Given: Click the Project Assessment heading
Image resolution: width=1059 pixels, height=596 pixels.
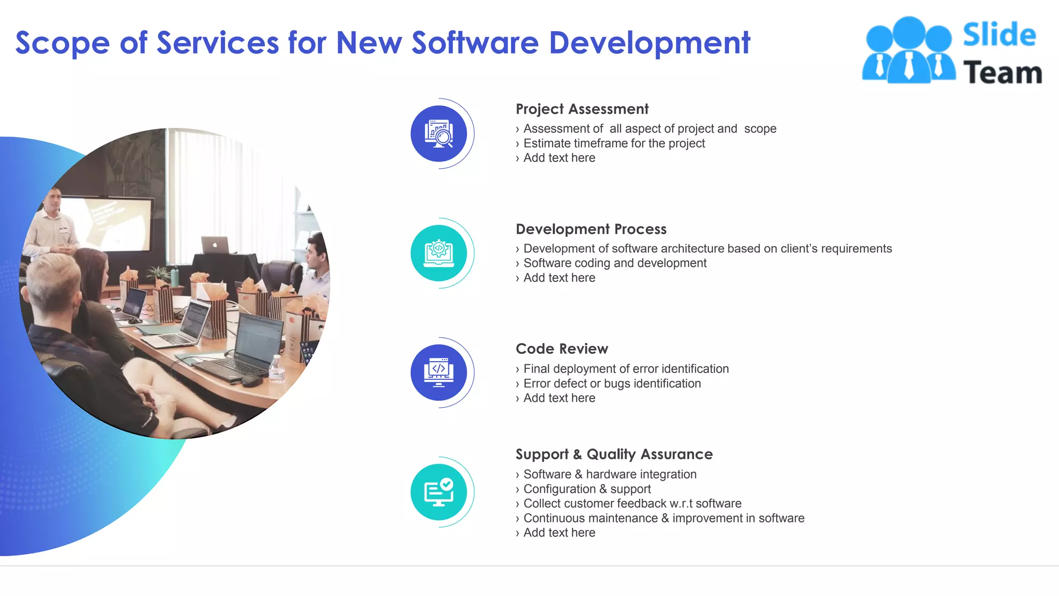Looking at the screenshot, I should tap(582, 109).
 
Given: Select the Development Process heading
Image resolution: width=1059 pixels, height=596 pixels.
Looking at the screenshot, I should tap(591, 229).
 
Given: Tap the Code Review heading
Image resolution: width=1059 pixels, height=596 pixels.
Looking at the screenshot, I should tap(562, 349).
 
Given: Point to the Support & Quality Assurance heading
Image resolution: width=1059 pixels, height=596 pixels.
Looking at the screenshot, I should tap(614, 454).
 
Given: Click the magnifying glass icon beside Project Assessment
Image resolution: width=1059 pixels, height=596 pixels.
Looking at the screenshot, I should tap(439, 134).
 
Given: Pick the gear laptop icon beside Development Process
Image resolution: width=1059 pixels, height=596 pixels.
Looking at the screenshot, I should tap(439, 254).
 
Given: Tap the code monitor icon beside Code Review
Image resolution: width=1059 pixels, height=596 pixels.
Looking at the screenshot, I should tap(439, 373).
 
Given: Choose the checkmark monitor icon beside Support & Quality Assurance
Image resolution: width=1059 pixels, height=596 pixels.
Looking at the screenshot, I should tap(439, 492).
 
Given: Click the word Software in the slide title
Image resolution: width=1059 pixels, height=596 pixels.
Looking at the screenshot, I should tap(475, 43).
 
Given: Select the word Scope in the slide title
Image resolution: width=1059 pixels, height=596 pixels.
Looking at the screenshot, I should tap(62, 43).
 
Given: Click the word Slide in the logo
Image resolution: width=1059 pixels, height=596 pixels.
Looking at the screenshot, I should tap(999, 35).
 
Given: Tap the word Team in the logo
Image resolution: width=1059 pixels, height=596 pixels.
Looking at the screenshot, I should tap(1002, 72).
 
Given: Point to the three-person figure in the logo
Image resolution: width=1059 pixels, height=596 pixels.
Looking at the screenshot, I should tap(909, 51).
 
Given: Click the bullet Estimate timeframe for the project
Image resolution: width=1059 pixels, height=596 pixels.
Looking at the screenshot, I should tap(614, 143).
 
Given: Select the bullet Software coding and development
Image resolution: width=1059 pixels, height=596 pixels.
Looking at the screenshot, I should tap(615, 263).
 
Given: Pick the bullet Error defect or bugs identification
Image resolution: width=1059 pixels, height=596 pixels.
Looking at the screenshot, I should tap(612, 383).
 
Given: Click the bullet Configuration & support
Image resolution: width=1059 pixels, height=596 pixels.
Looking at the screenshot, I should tap(587, 489).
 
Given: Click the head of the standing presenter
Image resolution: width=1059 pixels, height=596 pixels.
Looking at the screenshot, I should tap(52, 200).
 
